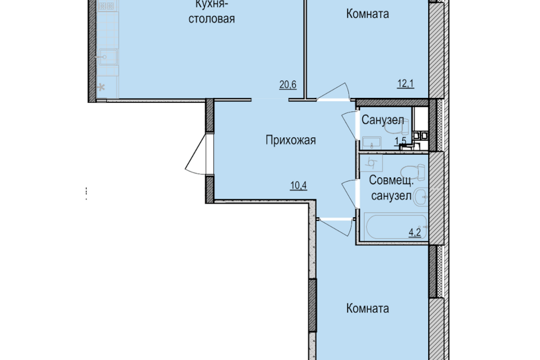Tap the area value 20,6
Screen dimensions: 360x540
coord(287,85)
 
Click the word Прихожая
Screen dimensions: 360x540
coord(290,140)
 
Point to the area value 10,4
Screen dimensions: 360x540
coord(298,187)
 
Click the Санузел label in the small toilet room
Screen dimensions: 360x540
coord(382,120)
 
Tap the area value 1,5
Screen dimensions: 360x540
coord(400,141)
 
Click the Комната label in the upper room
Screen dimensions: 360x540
coord(367,13)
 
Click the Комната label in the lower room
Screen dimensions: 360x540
coord(368,308)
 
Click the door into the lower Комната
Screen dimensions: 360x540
coord(337,226)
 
